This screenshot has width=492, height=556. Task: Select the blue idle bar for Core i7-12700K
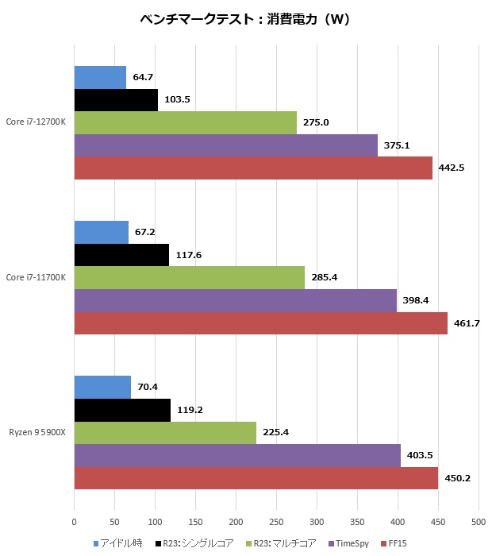[100, 77]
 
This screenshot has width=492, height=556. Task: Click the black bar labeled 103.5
[116, 100]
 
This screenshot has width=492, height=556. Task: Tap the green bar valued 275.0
[185, 122]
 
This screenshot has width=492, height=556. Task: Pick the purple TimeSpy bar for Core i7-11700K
[235, 300]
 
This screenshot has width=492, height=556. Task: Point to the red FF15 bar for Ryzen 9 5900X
[256, 478]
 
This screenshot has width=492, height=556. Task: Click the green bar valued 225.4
[165, 433]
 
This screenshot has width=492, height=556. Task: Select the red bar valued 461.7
[260, 323]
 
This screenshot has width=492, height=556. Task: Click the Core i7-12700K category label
[37, 122]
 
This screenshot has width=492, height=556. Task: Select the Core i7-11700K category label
[37, 277]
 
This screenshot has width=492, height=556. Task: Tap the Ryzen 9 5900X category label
[37, 432]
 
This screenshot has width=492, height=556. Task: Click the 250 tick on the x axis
[276, 522]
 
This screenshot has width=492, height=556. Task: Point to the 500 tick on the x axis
[478, 522]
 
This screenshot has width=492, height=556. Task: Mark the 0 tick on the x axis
[74, 522]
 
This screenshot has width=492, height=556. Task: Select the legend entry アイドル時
[120, 544]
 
